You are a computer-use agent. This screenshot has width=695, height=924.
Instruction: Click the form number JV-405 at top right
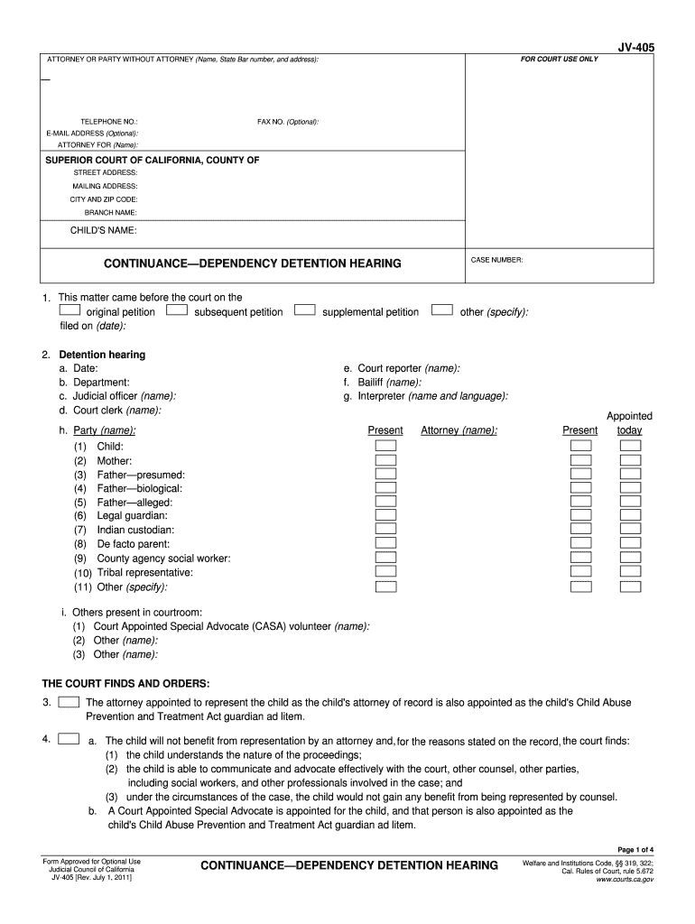coord(636,45)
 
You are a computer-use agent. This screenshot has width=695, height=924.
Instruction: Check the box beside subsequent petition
coord(177,310)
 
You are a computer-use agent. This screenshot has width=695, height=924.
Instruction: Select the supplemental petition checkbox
coord(305,310)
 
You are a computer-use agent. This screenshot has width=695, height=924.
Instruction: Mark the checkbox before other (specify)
coord(442,310)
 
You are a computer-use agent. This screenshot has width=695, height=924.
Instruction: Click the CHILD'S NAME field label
coord(104,231)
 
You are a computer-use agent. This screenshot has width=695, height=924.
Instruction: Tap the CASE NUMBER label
coord(496,260)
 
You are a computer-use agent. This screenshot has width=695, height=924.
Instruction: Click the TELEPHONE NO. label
coord(109,121)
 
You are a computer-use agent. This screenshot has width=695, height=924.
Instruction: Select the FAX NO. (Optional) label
coord(288,121)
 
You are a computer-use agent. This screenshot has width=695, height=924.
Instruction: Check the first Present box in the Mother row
coord(385,460)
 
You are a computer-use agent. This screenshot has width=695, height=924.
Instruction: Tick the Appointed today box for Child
coord(630,447)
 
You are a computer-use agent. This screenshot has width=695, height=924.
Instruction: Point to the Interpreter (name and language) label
coord(432,395)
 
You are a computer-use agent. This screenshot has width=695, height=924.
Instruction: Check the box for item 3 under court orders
coord(68,701)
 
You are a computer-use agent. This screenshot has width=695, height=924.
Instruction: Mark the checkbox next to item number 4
coord(68,739)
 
